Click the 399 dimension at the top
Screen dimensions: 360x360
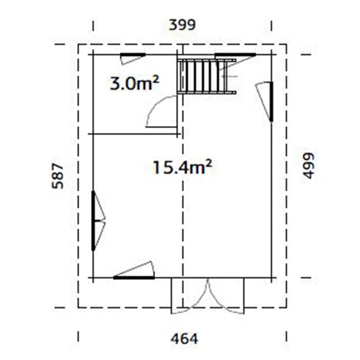(x=182, y=25)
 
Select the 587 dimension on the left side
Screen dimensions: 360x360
(x=57, y=176)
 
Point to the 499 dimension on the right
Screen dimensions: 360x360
(x=308, y=165)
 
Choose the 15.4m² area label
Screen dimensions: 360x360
(x=182, y=167)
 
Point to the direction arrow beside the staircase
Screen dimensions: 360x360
(x=229, y=77)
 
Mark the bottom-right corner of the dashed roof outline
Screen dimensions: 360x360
(x=286, y=307)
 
